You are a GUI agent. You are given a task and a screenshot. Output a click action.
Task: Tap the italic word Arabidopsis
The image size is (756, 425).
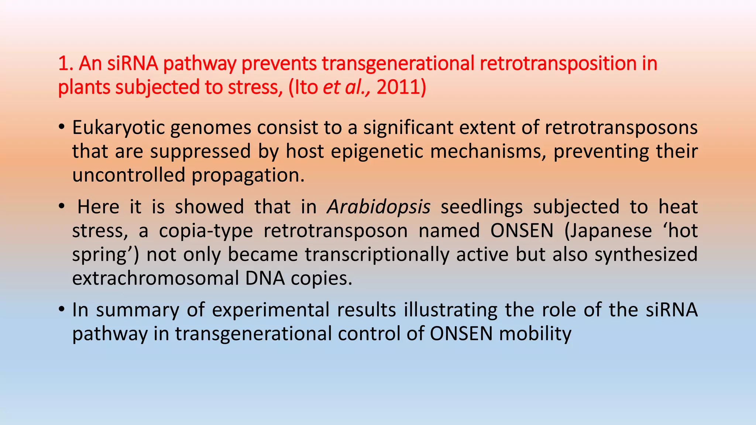click(x=378, y=207)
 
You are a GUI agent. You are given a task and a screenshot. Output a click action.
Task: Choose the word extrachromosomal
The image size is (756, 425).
click(x=155, y=278)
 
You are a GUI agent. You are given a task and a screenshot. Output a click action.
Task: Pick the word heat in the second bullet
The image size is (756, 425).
click(x=678, y=207)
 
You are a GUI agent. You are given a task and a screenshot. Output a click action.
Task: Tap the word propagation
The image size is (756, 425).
click(x=248, y=175)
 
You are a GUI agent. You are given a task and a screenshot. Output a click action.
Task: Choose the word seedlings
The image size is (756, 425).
click(x=482, y=207)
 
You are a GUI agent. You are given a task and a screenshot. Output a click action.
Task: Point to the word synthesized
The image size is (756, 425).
click(x=646, y=255)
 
